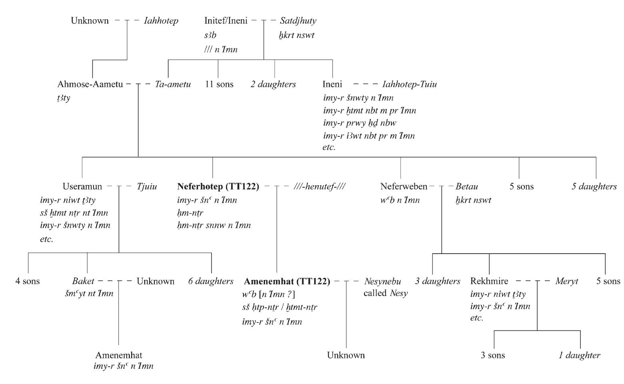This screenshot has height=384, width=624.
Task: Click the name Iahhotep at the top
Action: click(161, 21)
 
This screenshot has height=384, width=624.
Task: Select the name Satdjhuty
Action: click(298, 21)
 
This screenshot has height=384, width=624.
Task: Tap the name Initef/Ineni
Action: click(225, 21)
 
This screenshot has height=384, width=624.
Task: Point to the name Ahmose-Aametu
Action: click(90, 84)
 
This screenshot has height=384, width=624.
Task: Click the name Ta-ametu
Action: click(173, 84)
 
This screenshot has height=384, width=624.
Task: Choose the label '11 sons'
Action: click(219, 84)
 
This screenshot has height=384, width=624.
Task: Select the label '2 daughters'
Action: click(273, 84)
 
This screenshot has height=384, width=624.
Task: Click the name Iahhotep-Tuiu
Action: click(409, 84)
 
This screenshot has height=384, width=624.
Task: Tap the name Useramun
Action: click(82, 186)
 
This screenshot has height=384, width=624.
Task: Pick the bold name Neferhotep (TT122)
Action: click(218, 186)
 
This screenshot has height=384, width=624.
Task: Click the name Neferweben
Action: click(403, 186)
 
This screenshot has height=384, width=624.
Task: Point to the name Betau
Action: click(467, 186)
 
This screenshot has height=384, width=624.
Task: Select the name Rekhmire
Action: click(489, 281)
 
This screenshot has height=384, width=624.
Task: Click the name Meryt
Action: click(566, 281)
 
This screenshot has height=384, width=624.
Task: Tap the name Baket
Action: click(83, 281)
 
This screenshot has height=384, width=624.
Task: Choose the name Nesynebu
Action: click(382, 281)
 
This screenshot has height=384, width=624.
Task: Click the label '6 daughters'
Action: click(211, 281)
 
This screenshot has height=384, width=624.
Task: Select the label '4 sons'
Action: click(28, 281)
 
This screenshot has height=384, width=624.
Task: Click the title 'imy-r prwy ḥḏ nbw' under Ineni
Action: click(359, 123)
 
